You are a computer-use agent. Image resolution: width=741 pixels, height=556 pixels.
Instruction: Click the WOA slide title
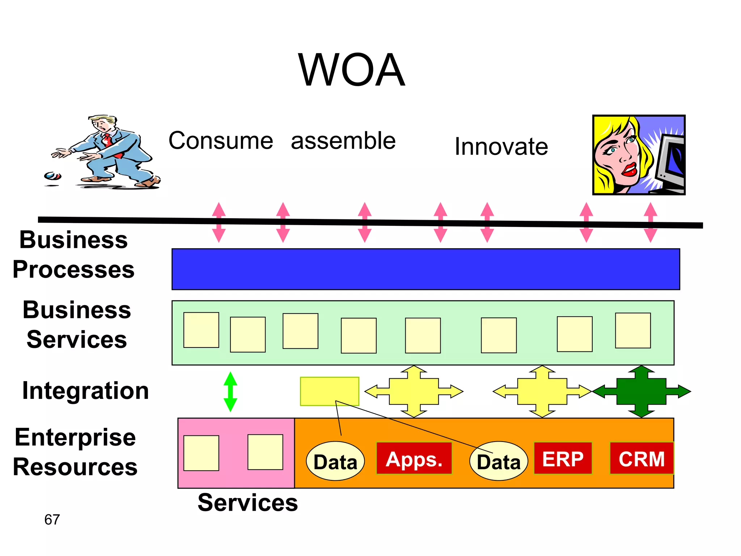tap(351, 70)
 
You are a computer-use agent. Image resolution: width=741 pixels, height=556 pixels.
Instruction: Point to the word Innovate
tap(501, 146)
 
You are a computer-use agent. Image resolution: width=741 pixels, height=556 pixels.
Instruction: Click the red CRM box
tap(642, 458)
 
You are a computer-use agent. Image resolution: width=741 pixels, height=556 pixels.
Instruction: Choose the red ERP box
tap(563, 458)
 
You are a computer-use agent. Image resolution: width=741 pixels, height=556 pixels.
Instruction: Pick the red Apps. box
tap(414, 458)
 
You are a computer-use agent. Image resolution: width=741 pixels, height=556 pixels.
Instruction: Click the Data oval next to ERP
tap(499, 461)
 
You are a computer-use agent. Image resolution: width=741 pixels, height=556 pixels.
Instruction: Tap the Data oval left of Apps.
tap(335, 461)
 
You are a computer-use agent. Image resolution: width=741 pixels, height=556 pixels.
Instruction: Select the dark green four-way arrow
tap(641, 391)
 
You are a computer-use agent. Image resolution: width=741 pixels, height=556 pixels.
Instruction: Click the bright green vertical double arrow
tap(230, 392)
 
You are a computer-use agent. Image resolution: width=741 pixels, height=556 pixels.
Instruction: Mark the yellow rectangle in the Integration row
tap(329, 391)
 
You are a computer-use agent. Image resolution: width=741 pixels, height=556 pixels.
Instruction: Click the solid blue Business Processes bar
tap(425, 269)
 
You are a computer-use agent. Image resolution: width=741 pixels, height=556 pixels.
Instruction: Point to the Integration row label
tap(85, 391)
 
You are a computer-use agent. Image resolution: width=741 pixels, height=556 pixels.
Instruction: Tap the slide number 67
tap(52, 519)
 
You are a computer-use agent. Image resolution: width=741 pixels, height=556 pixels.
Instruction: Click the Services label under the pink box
tap(247, 503)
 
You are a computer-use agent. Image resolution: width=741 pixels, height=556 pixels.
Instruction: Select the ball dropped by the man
tap(53, 176)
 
